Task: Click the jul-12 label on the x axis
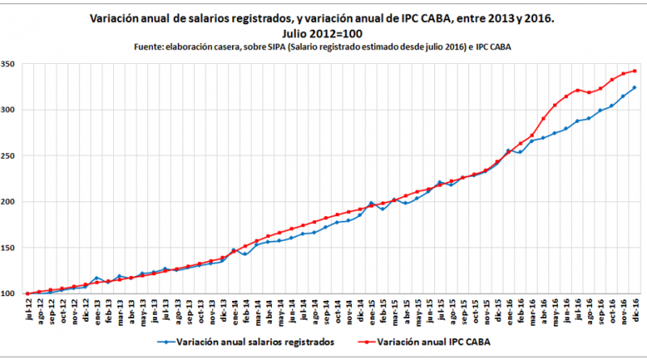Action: coord(28,311)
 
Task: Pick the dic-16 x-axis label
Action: coord(635,311)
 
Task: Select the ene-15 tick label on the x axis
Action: coord(371,311)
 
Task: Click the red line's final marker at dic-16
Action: coord(635,71)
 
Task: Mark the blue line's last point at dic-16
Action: coord(635,87)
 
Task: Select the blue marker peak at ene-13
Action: coord(96,278)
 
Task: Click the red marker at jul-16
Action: coord(577,90)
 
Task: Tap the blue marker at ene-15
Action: coord(371,203)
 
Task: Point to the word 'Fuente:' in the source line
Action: coord(150,47)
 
